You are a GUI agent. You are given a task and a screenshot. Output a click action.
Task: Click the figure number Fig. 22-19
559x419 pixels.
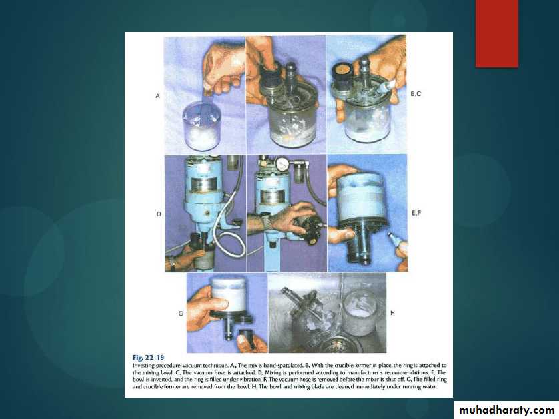click(148, 358)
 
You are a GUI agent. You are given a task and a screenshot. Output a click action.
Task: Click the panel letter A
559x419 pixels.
click(157, 96)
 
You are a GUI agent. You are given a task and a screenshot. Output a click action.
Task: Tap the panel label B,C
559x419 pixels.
click(416, 94)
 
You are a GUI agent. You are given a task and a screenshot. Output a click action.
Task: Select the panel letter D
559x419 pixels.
click(159, 214)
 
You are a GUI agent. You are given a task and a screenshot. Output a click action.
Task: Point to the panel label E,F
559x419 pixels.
click(416, 213)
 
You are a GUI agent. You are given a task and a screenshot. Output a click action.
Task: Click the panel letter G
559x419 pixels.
click(181, 314)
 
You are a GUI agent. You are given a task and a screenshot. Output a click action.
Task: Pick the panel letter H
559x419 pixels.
click(392, 313)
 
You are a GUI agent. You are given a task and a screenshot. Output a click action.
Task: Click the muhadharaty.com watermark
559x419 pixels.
click(506, 410)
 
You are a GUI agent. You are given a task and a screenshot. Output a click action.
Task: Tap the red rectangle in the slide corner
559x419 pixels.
click(496, 33)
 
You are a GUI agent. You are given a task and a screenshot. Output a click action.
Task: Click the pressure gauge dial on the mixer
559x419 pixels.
click(284, 163)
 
